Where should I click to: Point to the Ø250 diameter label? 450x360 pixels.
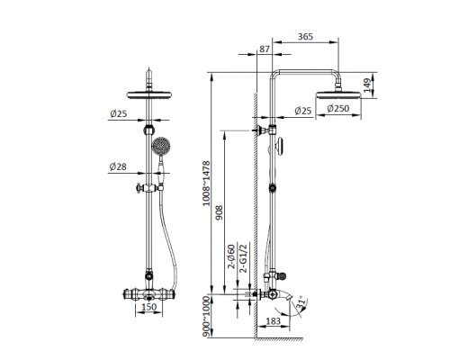click(337, 110)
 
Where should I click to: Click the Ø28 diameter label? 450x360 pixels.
click(118, 166)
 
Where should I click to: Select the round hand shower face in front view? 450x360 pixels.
click(161, 147)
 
